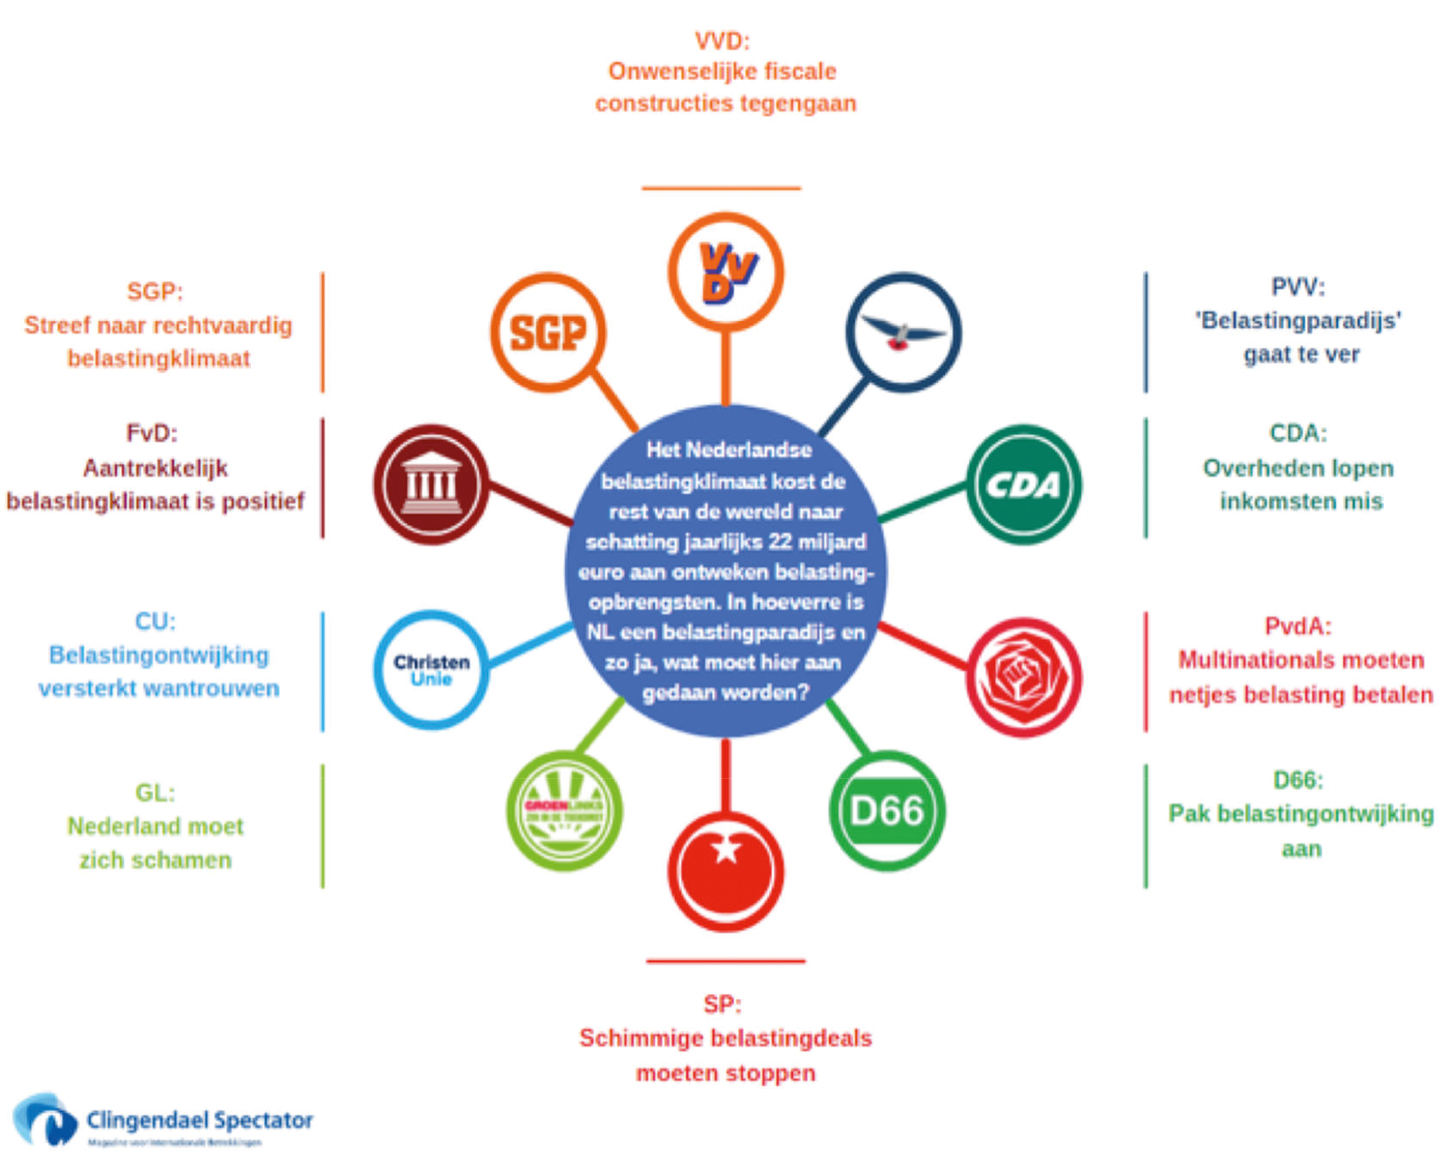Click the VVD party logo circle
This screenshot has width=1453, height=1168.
click(x=726, y=272)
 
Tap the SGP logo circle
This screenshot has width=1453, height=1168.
click(x=548, y=332)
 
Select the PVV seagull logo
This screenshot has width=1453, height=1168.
click(x=903, y=332)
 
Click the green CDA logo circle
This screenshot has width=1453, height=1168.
click(x=1023, y=485)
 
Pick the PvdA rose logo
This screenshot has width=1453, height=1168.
click(x=1023, y=677)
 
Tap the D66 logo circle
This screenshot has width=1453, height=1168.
click(x=887, y=811)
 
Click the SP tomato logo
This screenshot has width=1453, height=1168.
click(x=726, y=871)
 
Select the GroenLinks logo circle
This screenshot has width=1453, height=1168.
click(x=564, y=811)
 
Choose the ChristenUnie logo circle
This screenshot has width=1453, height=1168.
click(x=431, y=670)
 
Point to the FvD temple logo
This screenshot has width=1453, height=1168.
click(x=431, y=485)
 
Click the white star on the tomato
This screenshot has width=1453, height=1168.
click(x=726, y=850)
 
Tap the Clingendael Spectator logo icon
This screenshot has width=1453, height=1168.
click(x=45, y=1120)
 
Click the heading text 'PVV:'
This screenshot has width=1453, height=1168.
click(x=1298, y=287)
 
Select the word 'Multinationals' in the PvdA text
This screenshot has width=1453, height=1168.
click(x=1240, y=660)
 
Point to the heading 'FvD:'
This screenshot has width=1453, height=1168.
click(x=151, y=433)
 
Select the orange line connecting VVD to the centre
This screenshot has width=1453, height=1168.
click(x=726, y=367)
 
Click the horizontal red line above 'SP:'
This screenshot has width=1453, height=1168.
click(x=726, y=961)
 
